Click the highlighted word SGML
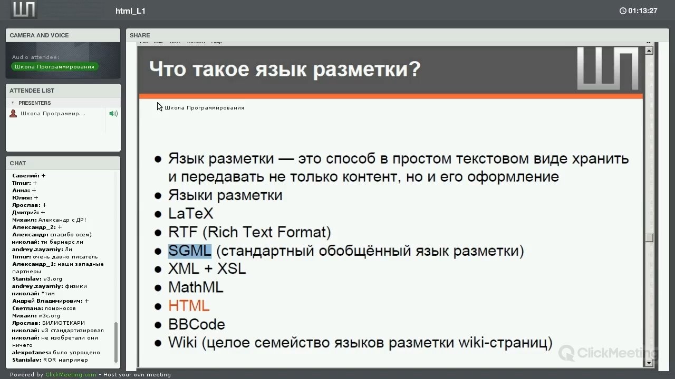tap(189, 251)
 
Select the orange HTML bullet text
tap(189, 306)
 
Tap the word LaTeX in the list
tap(191, 214)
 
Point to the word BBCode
tap(197, 324)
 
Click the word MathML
tap(196, 287)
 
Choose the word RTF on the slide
tap(182, 232)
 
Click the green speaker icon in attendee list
tap(113, 113)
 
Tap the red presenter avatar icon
tap(13, 113)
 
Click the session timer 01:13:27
tap(642, 11)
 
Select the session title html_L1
tap(130, 11)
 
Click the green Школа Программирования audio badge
tap(54, 66)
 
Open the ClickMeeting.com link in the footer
tap(71, 374)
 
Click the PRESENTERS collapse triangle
tap(13, 103)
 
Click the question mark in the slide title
tap(415, 69)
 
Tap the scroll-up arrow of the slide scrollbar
tap(649, 51)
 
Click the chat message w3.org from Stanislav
tap(53, 279)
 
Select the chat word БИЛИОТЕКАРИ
tap(63, 323)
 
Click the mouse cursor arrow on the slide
tap(159, 106)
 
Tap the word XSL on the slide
tap(232, 268)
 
